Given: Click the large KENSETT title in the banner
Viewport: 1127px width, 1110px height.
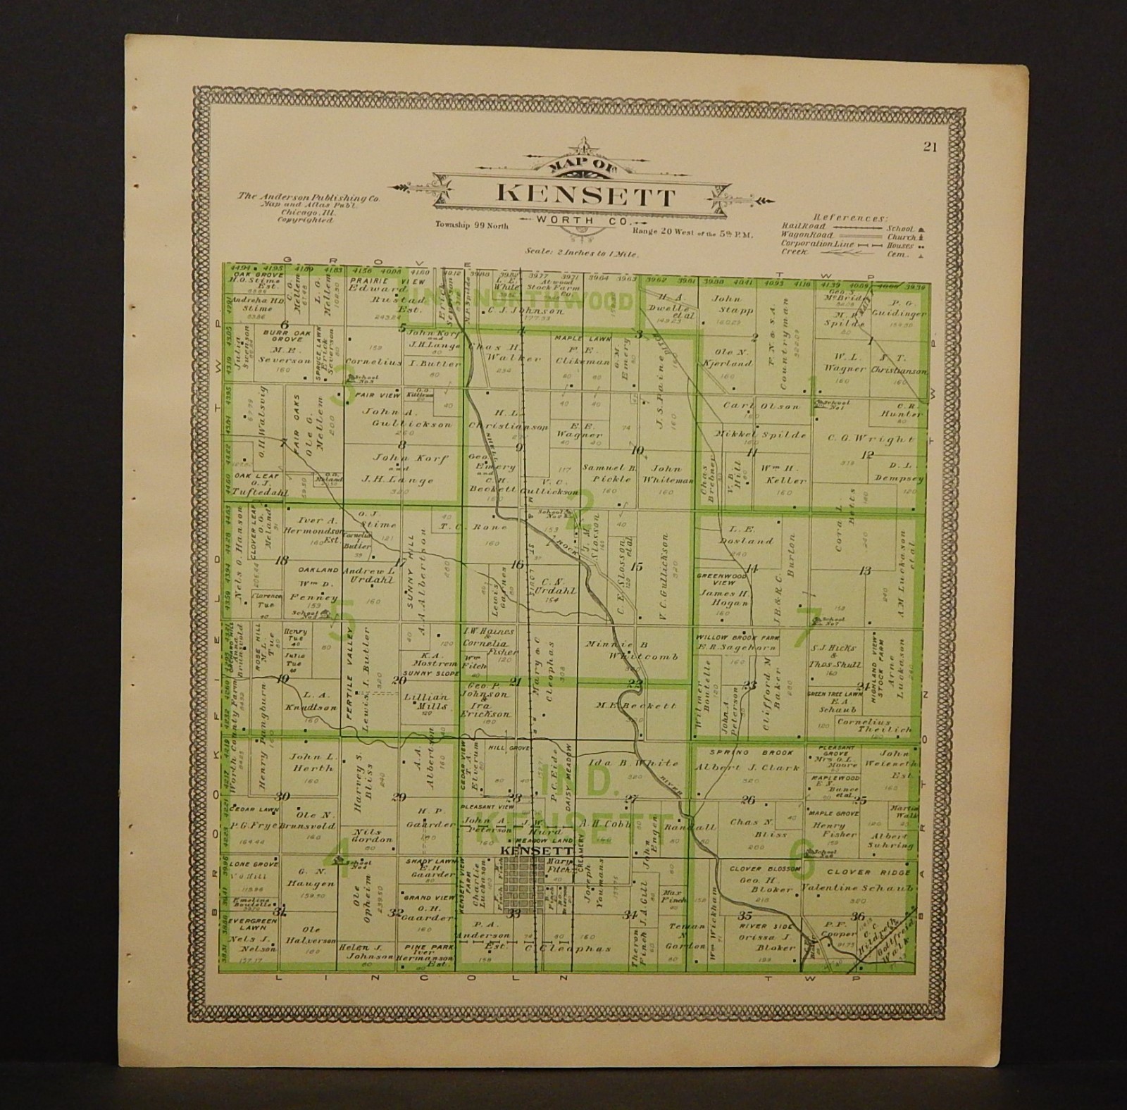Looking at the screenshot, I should (x=586, y=195).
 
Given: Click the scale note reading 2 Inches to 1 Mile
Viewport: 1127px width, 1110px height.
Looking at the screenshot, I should (x=582, y=251).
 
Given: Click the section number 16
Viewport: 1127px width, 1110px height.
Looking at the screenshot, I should (x=518, y=565).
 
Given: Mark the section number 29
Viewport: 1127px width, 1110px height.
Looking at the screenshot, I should (x=399, y=797).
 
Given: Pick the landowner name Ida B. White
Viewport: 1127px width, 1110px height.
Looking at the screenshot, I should (x=629, y=763).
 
